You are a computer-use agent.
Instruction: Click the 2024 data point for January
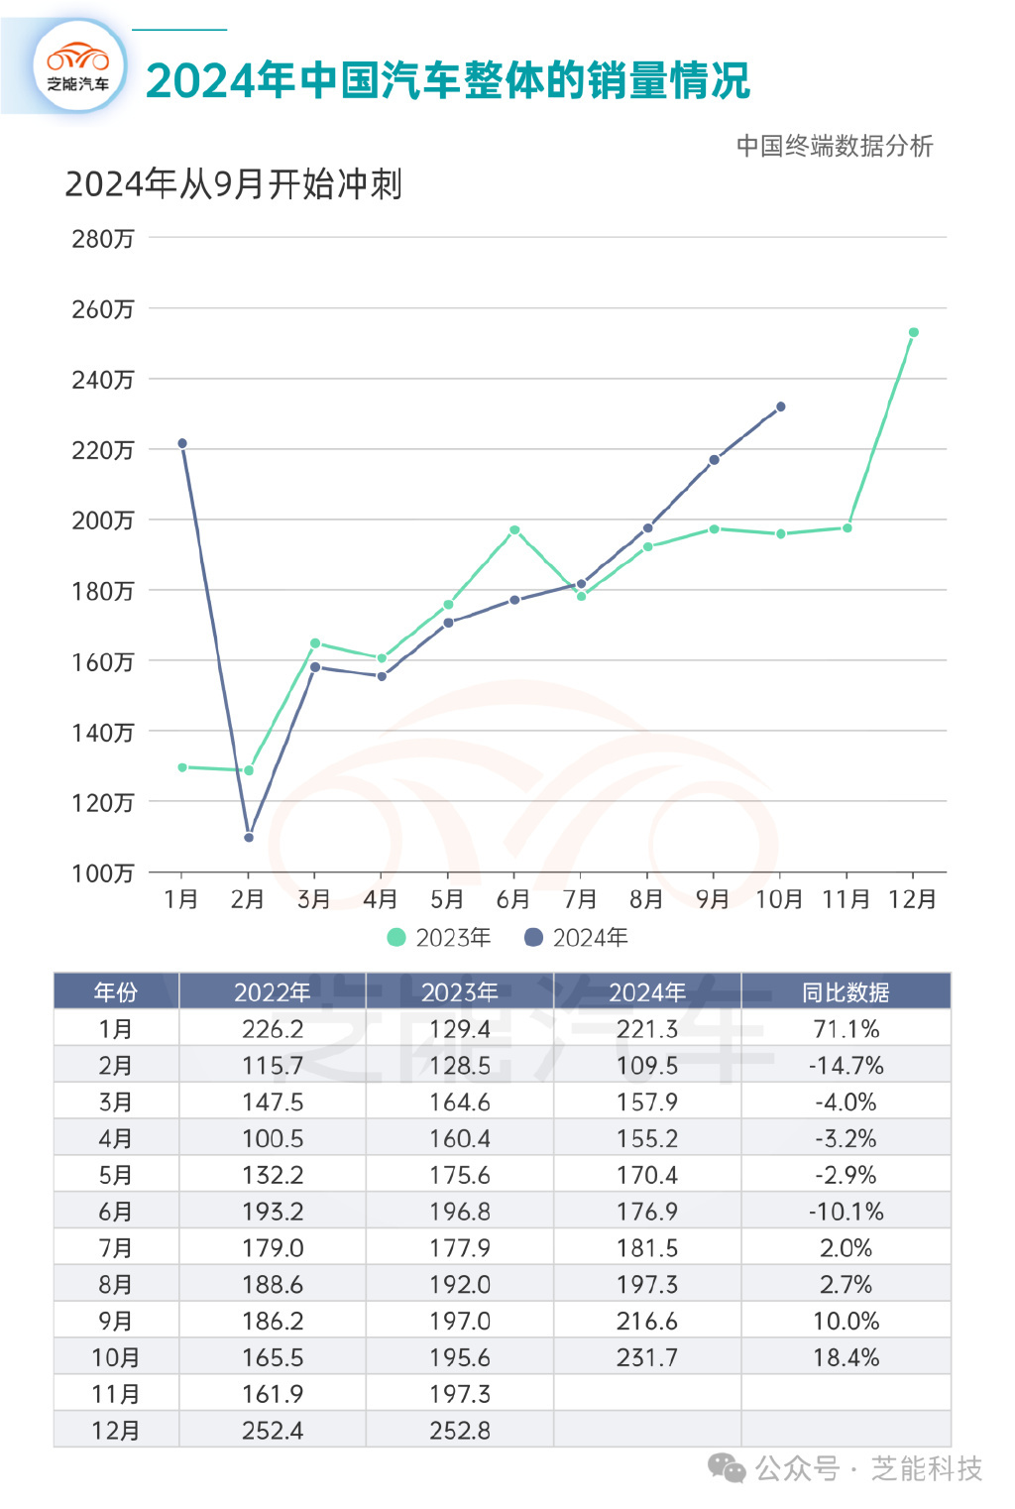[x=182, y=443]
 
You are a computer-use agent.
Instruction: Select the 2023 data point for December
[x=913, y=332]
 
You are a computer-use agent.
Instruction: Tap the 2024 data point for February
[x=249, y=837]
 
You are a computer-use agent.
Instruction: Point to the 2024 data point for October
[x=781, y=406]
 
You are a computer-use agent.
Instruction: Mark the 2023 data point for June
[x=514, y=529]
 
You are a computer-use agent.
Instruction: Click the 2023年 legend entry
[x=439, y=937]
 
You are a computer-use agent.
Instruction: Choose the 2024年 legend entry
[x=576, y=937]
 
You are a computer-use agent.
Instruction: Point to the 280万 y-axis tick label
[x=102, y=239]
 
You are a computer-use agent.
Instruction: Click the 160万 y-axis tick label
[x=102, y=662]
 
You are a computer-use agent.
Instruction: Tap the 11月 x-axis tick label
[x=846, y=899]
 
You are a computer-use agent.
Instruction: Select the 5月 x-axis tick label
[x=447, y=899]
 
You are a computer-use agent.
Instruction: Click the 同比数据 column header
[x=846, y=991]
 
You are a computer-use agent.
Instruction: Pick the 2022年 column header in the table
[x=273, y=991]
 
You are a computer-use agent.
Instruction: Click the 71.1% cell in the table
[x=846, y=1029]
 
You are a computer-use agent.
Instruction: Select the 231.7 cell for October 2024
[x=647, y=1357]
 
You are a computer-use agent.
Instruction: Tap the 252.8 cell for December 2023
[x=460, y=1431]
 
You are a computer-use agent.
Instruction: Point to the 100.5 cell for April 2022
[x=273, y=1138]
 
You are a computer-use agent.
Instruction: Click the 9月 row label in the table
[x=116, y=1321]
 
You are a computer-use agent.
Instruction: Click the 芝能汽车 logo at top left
[x=78, y=67]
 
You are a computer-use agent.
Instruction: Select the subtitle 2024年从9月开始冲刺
[x=234, y=184]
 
